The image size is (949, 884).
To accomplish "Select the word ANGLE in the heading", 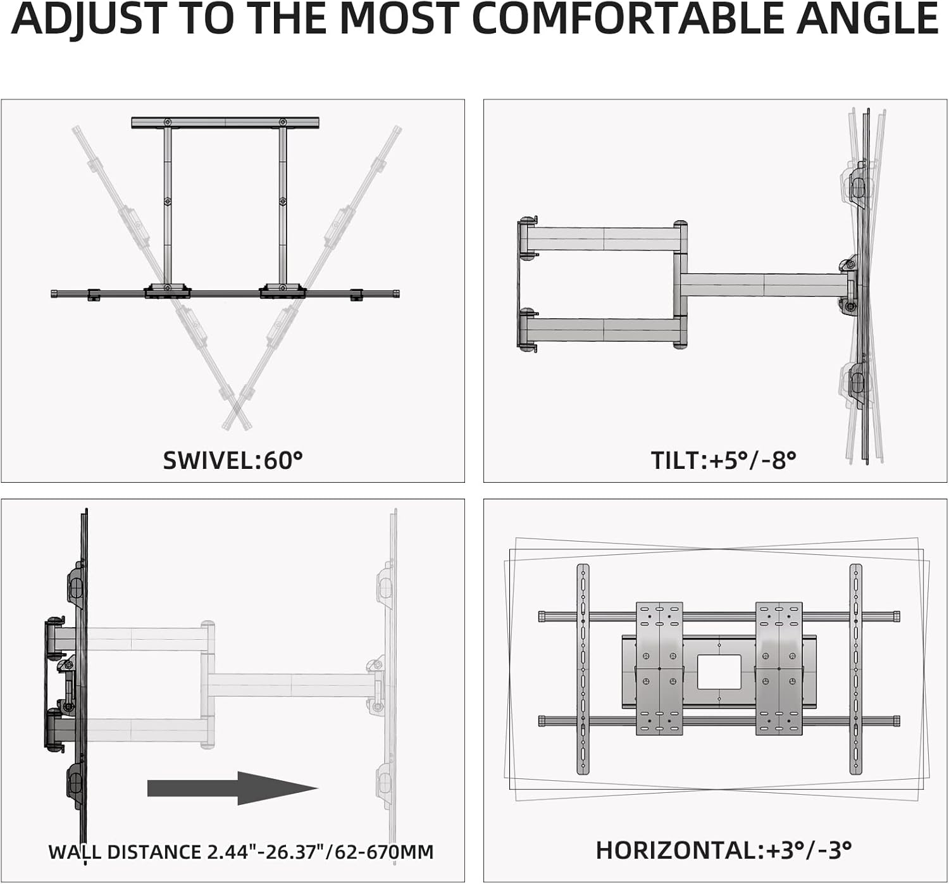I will coord(867,19).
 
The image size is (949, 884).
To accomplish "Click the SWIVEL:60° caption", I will coord(233,460).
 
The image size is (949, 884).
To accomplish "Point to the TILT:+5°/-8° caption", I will coord(723,460).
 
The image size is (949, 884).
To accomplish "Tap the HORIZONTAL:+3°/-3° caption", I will coord(724,850).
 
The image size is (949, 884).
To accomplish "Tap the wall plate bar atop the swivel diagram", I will coord(225,123).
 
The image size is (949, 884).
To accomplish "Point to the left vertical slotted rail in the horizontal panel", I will coord(583,669).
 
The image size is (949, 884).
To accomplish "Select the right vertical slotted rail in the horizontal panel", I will coord(855,669).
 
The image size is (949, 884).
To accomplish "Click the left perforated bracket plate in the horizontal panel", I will coord(659,669).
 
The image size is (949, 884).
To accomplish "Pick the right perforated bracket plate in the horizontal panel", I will coord(779,669).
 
